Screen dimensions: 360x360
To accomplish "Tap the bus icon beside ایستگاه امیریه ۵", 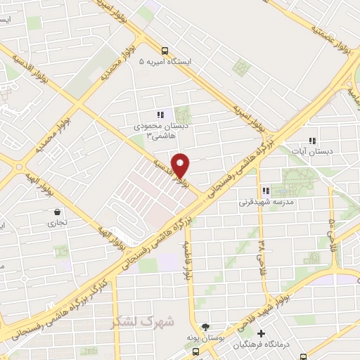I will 165,51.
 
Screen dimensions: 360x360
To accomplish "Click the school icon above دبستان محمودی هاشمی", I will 160,115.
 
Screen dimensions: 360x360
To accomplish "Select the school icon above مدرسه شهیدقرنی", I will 266,191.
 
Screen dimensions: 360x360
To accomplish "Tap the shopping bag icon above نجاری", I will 57,211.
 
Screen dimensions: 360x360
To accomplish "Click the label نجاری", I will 56,224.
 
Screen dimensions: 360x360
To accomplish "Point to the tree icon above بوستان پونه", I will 205,327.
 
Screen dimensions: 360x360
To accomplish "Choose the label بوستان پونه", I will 204,339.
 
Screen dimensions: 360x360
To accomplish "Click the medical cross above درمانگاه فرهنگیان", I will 262,333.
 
